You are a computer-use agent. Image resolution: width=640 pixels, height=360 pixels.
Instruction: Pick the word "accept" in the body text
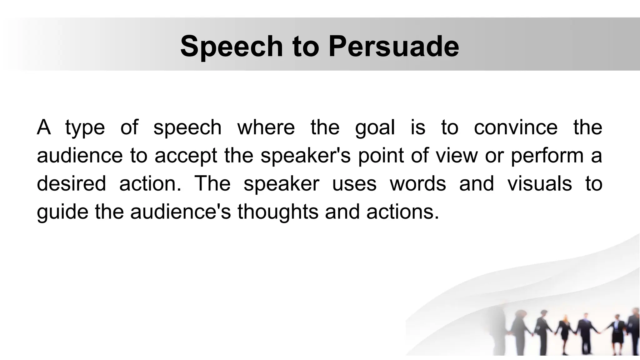tap(186, 156)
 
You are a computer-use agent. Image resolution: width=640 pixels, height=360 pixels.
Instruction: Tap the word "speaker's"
tap(306, 156)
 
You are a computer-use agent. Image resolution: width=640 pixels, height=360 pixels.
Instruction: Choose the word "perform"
tap(547, 156)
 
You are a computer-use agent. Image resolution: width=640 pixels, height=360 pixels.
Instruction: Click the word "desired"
tap(71, 183)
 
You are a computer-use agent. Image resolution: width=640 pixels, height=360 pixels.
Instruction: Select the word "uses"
tap(354, 183)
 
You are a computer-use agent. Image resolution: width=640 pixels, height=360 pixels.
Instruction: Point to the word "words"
tap(418, 183)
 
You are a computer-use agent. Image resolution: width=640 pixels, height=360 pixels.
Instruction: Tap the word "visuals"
tap(540, 183)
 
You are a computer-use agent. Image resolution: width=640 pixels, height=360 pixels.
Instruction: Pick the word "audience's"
tap(180, 212)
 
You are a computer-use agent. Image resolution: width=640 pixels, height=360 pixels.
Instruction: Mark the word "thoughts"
tap(278, 212)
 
